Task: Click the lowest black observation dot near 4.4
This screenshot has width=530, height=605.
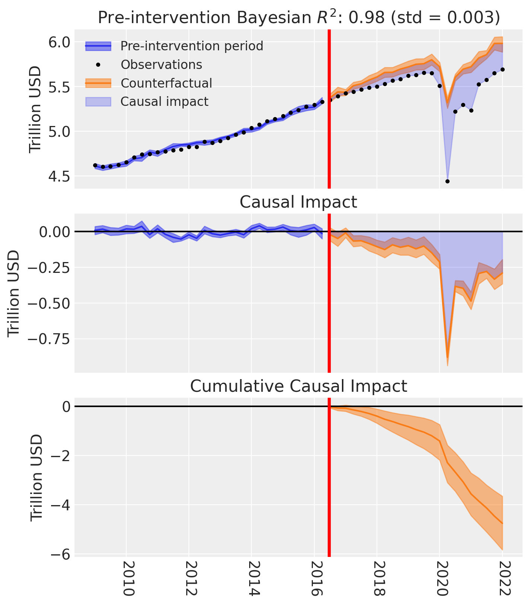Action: tap(447, 182)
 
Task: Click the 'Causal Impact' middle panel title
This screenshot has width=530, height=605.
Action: tap(298, 202)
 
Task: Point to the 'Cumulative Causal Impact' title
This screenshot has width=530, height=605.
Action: tap(298, 386)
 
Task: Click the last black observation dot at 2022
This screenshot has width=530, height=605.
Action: tap(502, 69)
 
